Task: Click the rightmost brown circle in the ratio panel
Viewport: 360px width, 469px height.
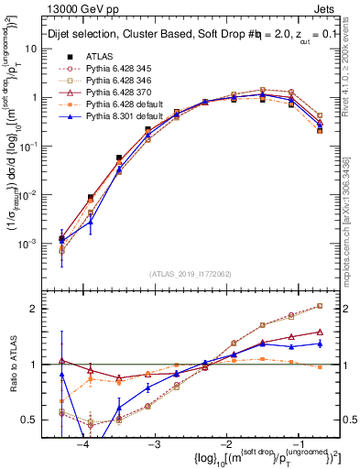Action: coord(319,306)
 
